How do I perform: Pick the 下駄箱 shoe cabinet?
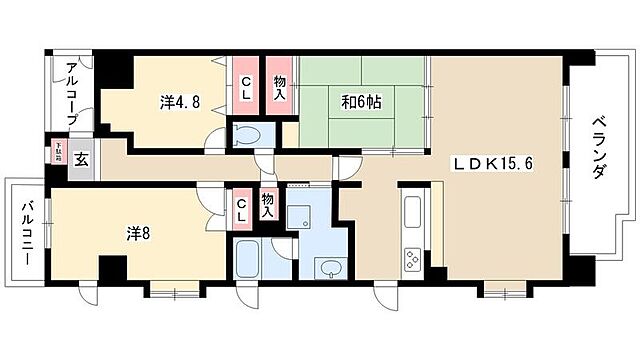[59, 155]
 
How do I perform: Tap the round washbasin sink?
[327, 266]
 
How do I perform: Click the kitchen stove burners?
[412, 259]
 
